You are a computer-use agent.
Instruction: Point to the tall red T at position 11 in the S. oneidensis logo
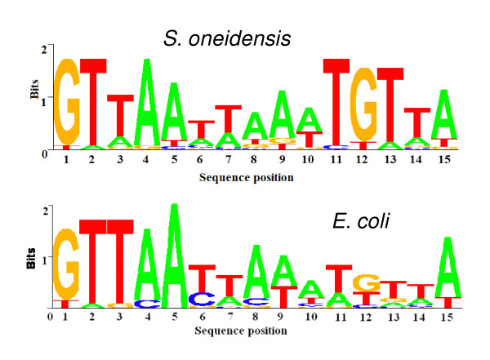336,102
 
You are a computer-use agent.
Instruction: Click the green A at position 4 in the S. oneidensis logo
147,101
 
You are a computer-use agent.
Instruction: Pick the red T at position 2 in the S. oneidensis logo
94,101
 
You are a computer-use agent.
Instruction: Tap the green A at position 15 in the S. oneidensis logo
443,114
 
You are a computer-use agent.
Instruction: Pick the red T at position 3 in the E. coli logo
120,261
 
